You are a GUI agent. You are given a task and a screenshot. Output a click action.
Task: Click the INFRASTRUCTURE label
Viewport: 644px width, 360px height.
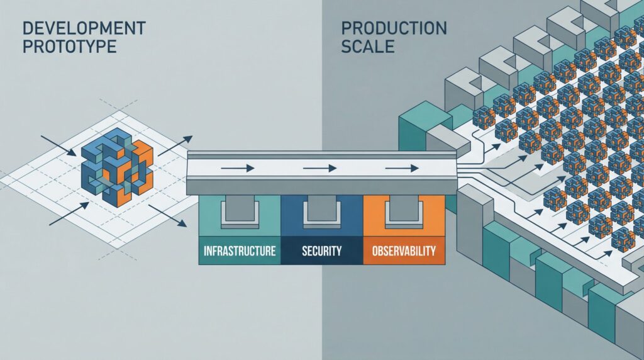(240, 251)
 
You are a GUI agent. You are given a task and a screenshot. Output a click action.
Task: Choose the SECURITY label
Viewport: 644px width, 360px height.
(321, 251)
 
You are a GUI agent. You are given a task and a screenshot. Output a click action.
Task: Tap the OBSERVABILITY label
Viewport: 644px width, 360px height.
(404, 251)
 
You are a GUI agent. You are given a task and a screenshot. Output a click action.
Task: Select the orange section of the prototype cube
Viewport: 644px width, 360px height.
(140, 167)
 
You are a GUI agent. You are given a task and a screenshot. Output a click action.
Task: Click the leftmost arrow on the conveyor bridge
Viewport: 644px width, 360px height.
(236, 168)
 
